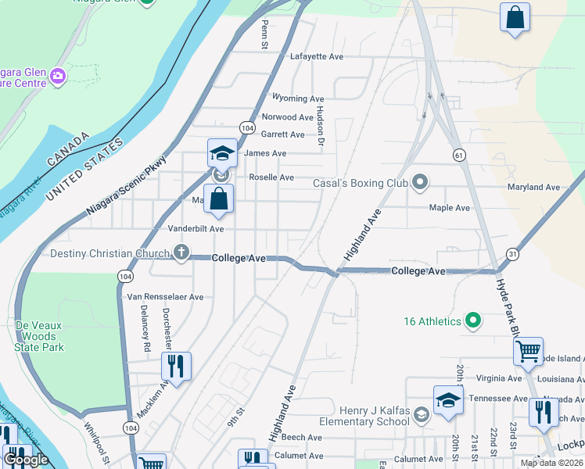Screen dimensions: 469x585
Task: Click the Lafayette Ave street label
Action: (317, 57)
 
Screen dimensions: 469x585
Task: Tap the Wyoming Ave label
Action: (297, 98)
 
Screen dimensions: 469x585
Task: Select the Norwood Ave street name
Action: (287, 117)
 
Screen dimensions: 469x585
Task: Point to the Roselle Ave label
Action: (271, 177)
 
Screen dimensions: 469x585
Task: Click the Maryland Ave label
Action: (533, 188)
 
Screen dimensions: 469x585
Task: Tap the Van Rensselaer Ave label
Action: (165, 297)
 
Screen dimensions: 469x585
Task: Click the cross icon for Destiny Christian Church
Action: (181, 252)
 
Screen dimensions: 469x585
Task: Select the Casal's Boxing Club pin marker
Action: (420, 183)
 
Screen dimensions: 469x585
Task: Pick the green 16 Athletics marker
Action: (472, 320)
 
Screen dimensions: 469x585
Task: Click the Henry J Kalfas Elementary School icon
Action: (422, 414)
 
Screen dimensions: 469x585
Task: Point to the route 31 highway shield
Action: (512, 254)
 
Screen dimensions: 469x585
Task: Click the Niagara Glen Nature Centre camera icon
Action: (57, 77)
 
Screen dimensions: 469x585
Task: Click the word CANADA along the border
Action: (68, 149)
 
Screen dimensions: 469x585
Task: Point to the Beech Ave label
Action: (302, 438)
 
